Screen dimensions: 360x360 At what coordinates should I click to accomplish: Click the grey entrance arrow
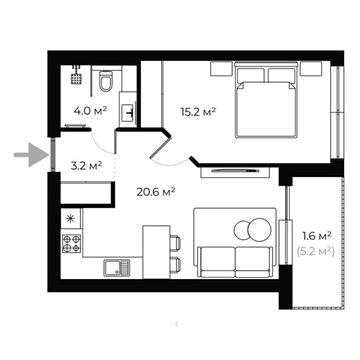pos(30,155)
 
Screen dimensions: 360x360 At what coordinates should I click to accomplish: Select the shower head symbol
pos(75,74)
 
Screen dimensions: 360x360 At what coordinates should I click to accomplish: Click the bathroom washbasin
pos(128,110)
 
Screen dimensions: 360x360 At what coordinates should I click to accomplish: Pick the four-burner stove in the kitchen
pos(72,242)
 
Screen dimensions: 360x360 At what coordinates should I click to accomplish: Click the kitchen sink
pos(114,265)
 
